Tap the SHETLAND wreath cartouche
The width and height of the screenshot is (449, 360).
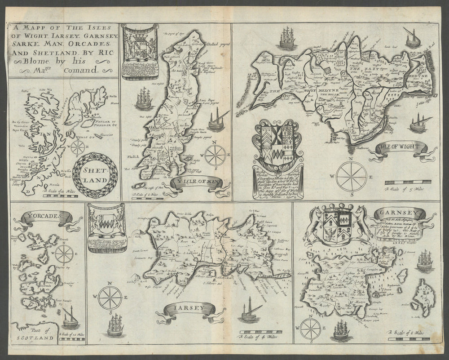(95, 173)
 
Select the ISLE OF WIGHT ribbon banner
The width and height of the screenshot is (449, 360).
(400, 147)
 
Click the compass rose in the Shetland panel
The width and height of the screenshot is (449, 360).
(78, 147)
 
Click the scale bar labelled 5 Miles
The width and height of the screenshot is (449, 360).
(401, 182)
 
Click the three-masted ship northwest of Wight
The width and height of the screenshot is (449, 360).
(286, 38)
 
